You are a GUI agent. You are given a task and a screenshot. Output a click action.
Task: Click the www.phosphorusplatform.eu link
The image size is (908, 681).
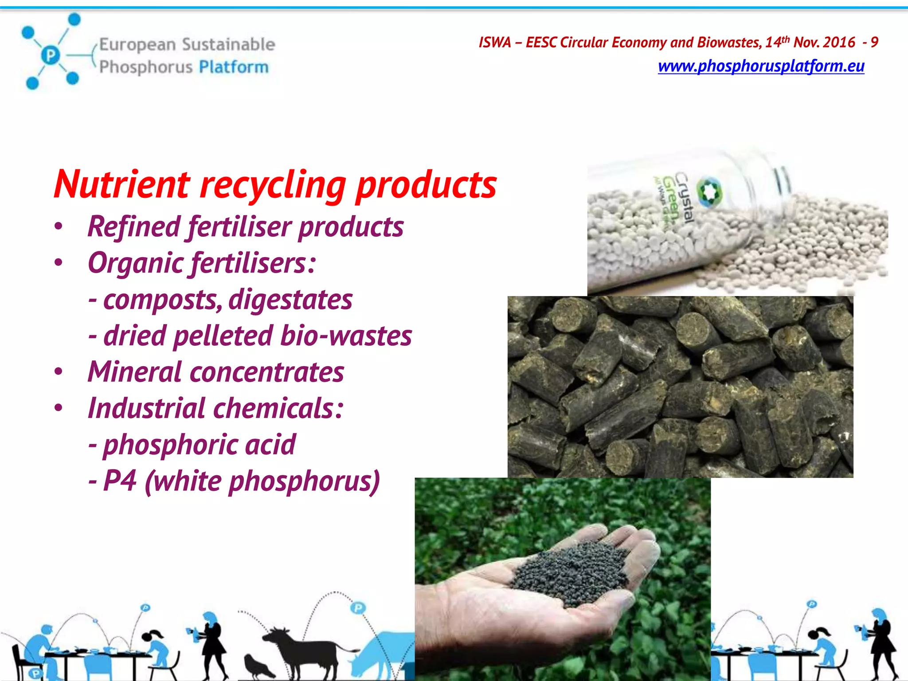click(761, 66)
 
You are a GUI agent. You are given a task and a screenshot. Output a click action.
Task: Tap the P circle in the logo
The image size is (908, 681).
click(51, 55)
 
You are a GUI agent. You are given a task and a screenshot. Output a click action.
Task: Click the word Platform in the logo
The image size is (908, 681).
click(234, 67)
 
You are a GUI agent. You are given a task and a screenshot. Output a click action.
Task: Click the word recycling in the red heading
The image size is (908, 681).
click(273, 185)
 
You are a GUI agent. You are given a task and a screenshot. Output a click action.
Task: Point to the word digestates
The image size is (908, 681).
click(290, 300)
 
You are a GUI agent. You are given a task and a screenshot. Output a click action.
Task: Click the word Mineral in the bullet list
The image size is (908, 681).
click(134, 372)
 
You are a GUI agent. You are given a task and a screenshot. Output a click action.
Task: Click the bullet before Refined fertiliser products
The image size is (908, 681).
click(59, 227)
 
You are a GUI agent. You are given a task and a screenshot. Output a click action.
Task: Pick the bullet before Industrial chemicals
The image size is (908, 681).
click(59, 408)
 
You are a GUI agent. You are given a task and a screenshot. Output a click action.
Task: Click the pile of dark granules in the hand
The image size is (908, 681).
click(572, 572)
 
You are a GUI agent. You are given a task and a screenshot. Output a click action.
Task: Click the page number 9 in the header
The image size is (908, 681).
click(874, 43)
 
